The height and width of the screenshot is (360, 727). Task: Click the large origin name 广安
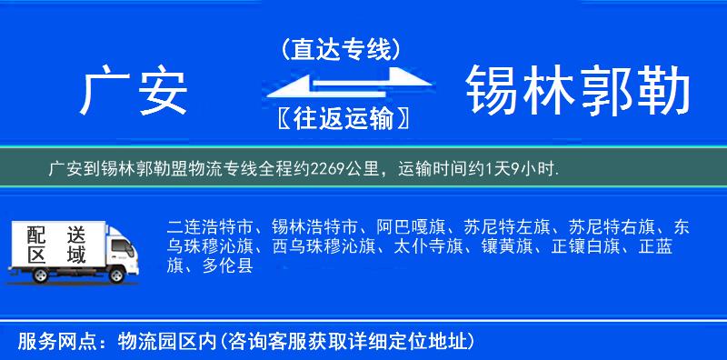[134, 94]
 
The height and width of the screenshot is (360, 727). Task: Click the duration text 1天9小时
[522, 169]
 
